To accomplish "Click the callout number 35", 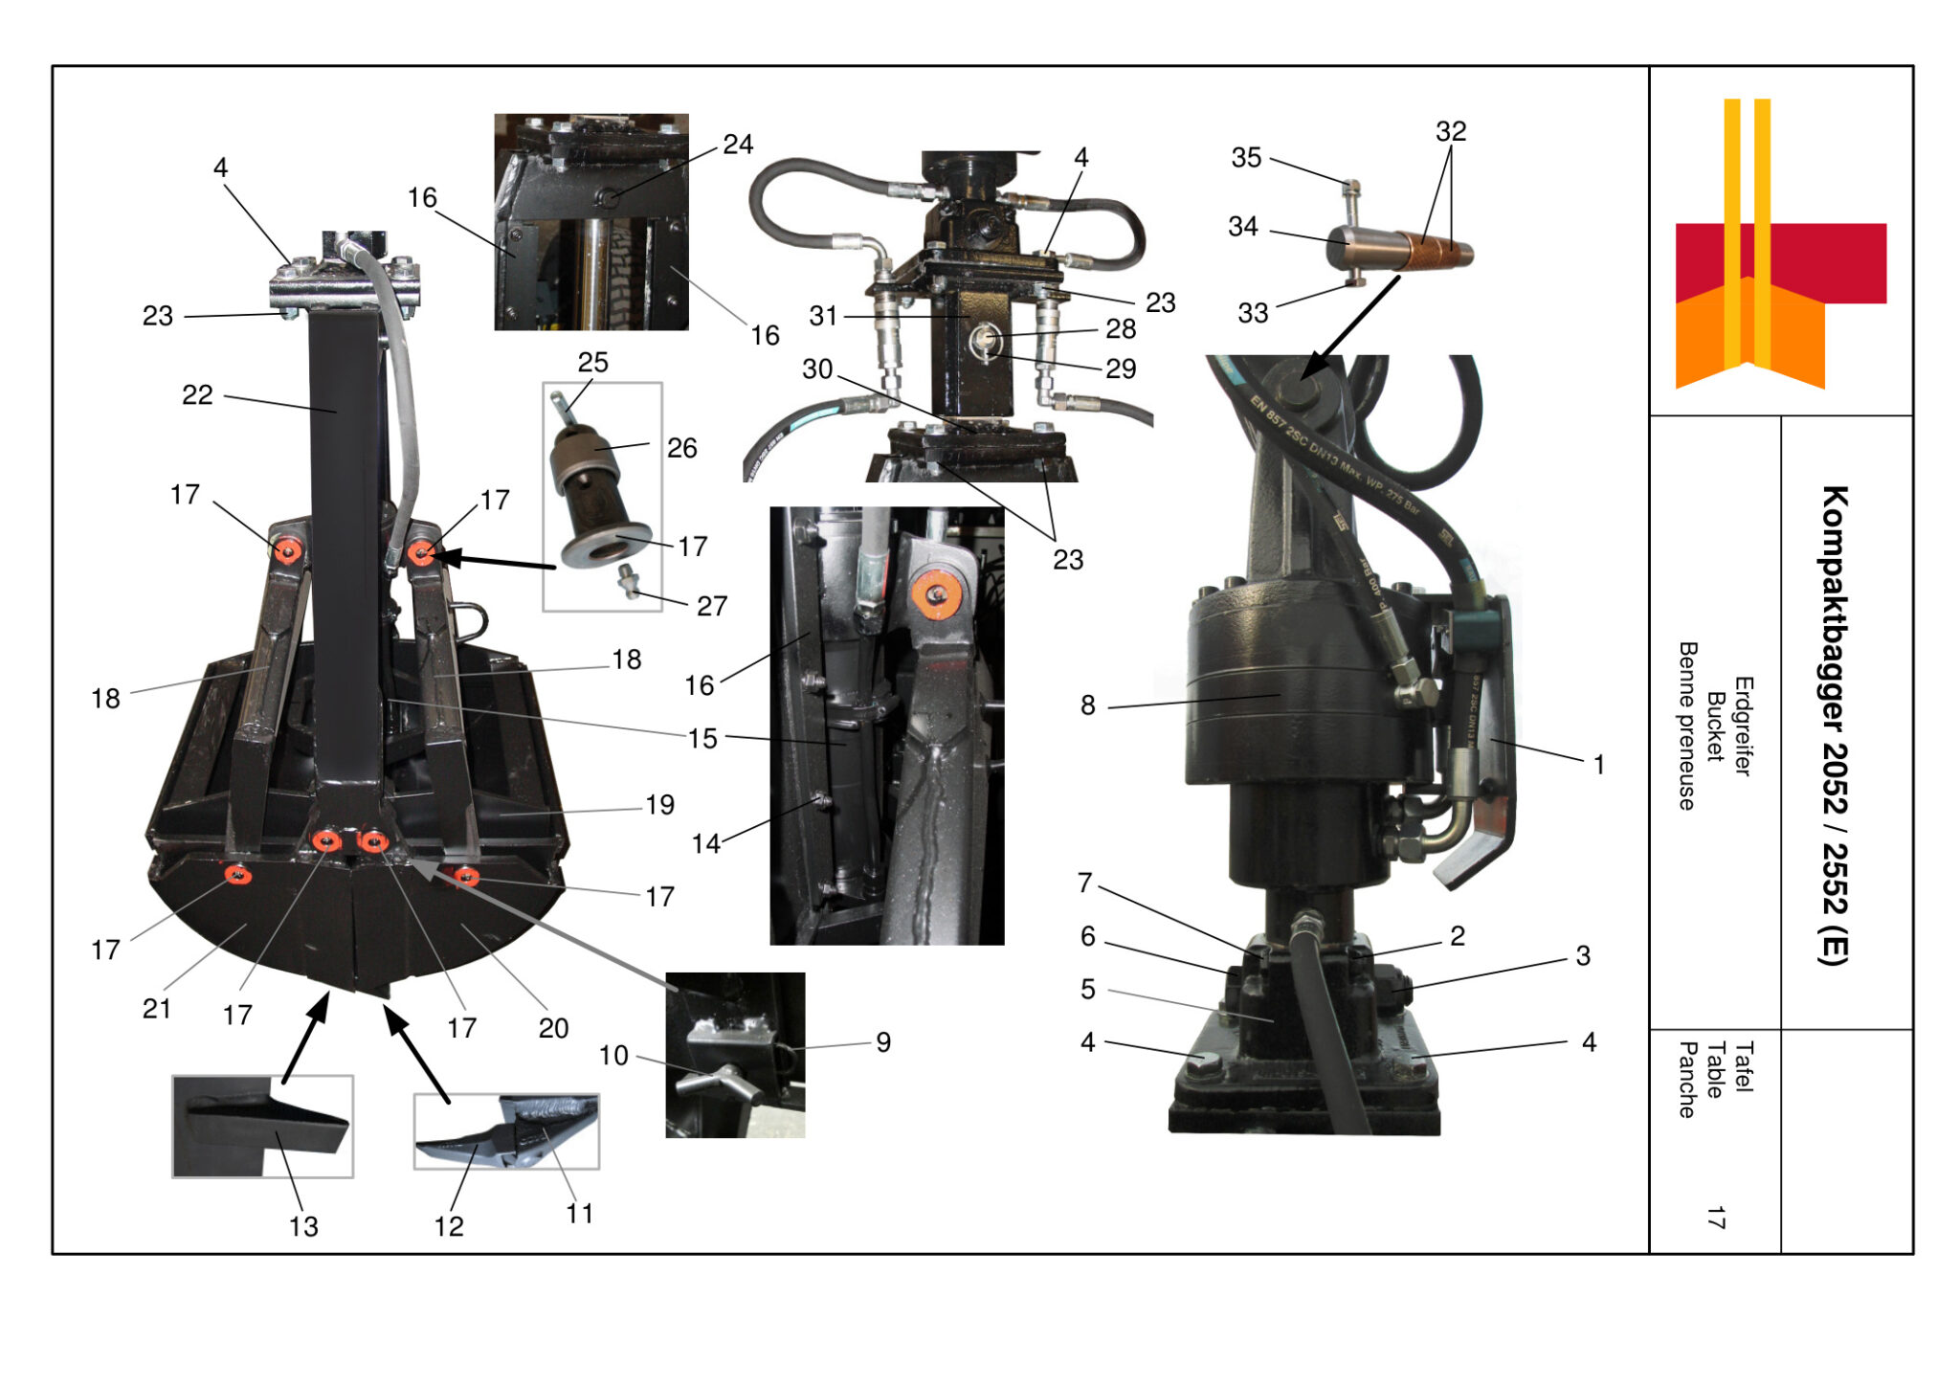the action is click(1246, 158).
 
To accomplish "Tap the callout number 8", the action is click(1088, 705).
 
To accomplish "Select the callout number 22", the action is click(197, 394).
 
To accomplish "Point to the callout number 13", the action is click(303, 1226).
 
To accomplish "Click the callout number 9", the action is click(883, 1042).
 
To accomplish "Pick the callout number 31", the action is click(823, 316).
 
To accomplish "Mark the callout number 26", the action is click(681, 448).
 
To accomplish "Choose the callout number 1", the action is click(1598, 765).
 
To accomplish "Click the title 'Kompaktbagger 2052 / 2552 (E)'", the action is click(1834, 725).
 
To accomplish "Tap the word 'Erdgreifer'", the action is click(1743, 727).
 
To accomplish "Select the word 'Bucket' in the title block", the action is click(1715, 727).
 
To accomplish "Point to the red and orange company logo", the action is click(1780, 244).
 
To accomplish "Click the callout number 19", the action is click(659, 805).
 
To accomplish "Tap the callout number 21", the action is click(157, 1009).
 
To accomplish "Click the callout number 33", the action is click(1253, 313).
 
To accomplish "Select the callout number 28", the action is click(1121, 329).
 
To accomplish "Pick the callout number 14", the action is click(706, 843).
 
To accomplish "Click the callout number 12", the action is click(449, 1226).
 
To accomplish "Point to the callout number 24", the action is click(738, 145).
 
